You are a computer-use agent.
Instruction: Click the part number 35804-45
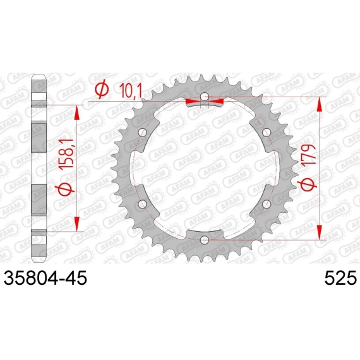(x=45, y=278)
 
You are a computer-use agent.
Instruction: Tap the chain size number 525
(x=340, y=278)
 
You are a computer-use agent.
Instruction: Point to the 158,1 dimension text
(x=66, y=155)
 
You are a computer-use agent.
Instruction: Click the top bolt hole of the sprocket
(x=205, y=97)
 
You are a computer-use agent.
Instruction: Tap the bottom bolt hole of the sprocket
(x=205, y=240)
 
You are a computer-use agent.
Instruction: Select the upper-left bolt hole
(x=143, y=133)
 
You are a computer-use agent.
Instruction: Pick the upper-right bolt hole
(x=267, y=133)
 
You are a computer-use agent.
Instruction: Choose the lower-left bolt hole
(x=143, y=204)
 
